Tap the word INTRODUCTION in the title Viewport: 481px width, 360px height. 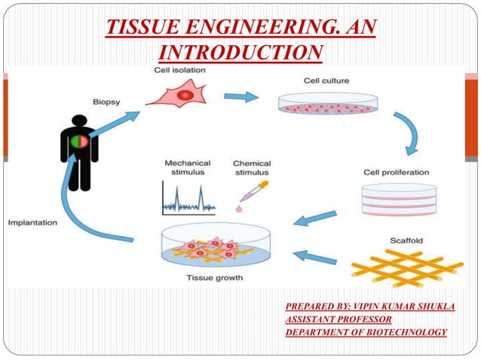pos(241,52)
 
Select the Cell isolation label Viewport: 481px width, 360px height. pos(179,70)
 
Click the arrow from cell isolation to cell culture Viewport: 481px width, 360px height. pos(240,96)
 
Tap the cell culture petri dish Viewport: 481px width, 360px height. pos(328,105)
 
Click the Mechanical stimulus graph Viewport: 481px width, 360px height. pos(188,197)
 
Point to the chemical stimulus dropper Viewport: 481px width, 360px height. pos(252,194)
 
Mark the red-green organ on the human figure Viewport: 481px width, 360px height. pos(79,142)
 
